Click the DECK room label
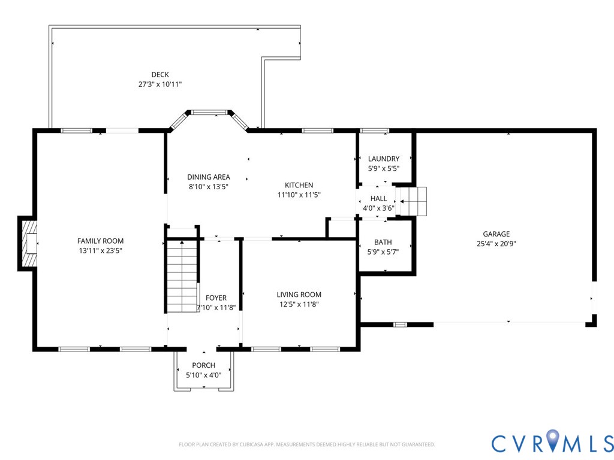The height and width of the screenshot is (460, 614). click(x=160, y=74)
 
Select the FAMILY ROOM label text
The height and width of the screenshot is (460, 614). click(x=100, y=241)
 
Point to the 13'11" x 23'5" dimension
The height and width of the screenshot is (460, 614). click(x=101, y=251)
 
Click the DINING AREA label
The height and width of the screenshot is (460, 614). click(x=208, y=177)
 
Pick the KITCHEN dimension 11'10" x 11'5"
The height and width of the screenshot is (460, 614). click(x=299, y=195)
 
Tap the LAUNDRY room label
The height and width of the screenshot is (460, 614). click(x=384, y=159)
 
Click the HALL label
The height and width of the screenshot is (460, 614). click(x=379, y=199)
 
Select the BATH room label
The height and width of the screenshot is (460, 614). click(x=383, y=242)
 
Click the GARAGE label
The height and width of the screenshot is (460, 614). click(x=496, y=234)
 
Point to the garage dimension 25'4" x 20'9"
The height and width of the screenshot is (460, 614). click(x=496, y=244)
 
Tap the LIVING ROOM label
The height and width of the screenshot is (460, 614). click(x=299, y=295)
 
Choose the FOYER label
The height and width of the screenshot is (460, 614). click(x=216, y=298)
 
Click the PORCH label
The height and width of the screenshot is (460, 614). click(x=204, y=365)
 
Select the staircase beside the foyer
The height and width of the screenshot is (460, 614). click(x=182, y=276)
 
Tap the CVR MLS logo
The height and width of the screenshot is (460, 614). click(x=552, y=441)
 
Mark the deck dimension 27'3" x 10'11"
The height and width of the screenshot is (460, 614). click(x=160, y=84)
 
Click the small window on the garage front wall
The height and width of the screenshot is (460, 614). click(x=400, y=324)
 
